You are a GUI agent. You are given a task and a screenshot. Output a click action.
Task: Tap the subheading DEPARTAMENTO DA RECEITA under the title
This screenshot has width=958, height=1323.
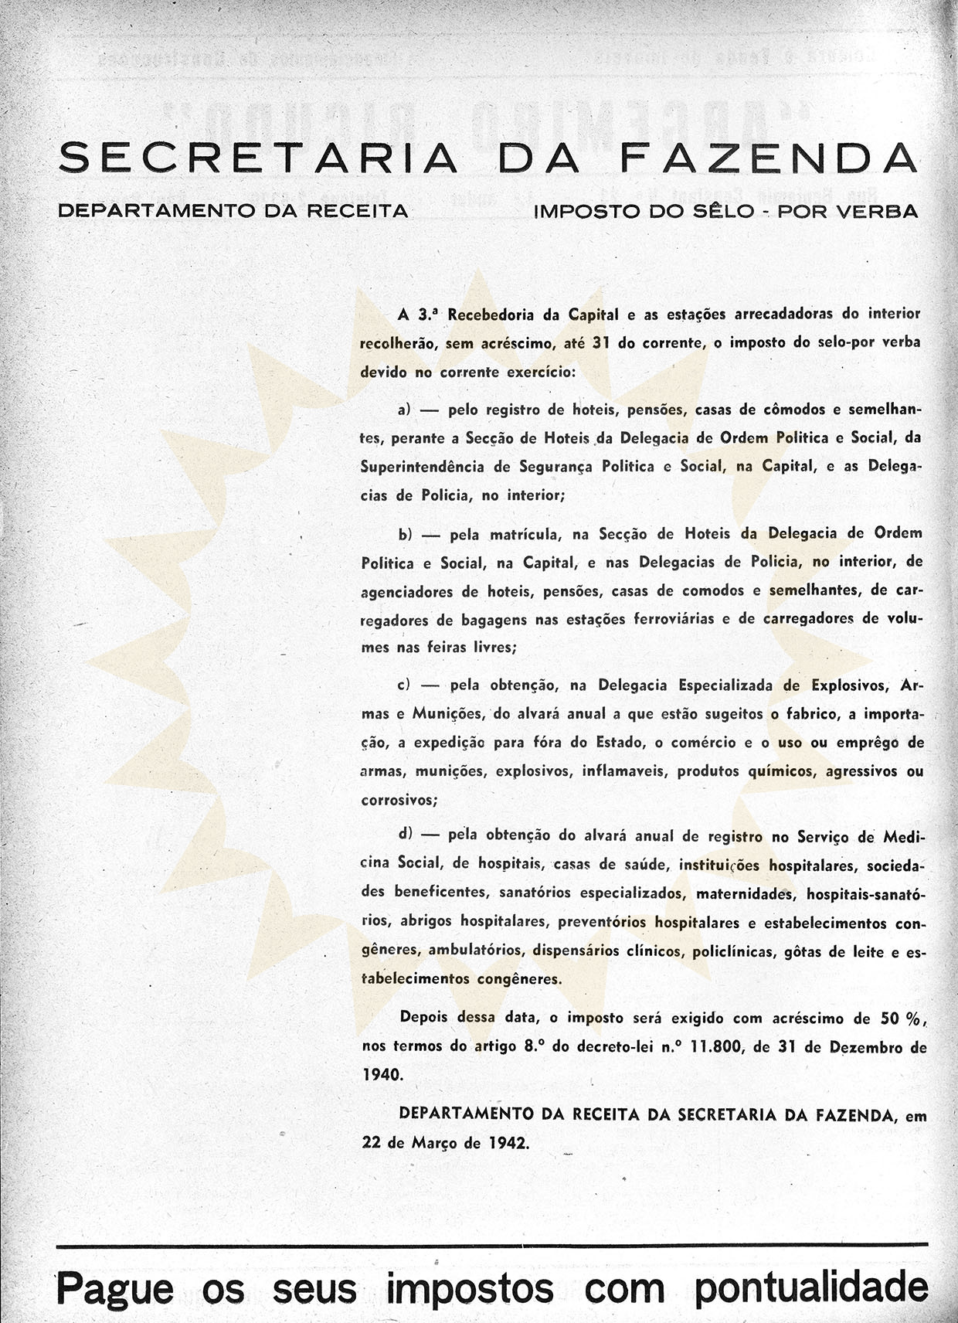233,210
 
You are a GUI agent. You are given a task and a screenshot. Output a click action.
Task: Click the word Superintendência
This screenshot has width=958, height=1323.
423,466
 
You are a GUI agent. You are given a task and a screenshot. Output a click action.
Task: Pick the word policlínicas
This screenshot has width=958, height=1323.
732,951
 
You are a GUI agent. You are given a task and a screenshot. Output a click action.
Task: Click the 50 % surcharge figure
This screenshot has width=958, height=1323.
901,1018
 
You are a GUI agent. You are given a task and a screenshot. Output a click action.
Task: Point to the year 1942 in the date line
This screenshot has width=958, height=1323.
508,1143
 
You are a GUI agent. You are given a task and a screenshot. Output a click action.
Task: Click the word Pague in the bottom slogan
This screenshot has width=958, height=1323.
115,1289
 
